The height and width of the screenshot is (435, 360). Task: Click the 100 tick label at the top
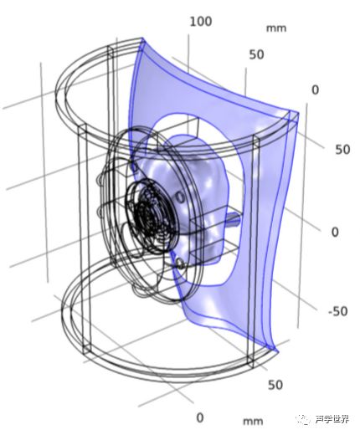pos(201,22)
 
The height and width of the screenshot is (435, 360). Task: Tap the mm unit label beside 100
pos(276,28)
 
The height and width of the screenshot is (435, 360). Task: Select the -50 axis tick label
pos(338,311)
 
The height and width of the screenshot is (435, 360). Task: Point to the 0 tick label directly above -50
pos(335,232)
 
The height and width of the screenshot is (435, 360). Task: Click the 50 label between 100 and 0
pos(256,54)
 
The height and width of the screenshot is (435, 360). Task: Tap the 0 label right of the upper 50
pos(315,90)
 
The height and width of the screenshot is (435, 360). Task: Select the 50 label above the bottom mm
pos(275,385)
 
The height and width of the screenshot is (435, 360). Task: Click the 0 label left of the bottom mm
pos(200,417)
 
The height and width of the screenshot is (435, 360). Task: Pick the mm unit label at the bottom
pos(253,421)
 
